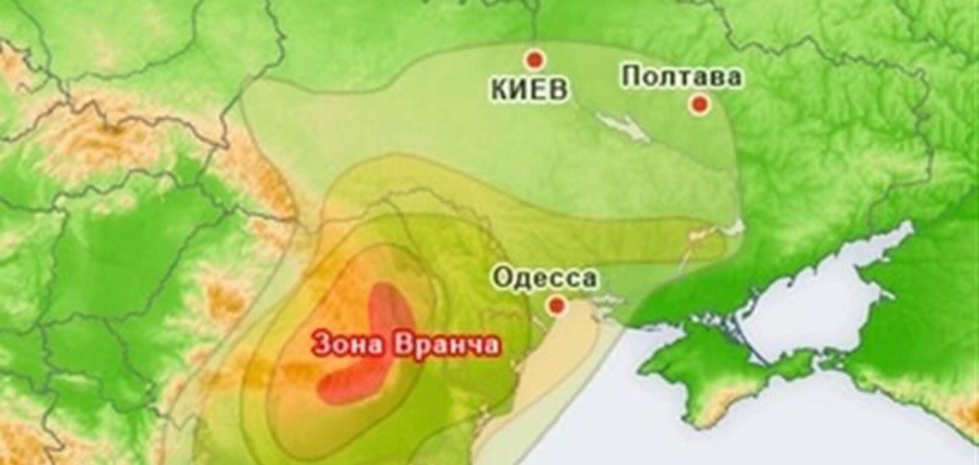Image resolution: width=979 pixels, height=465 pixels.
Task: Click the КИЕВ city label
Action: pos(529,90)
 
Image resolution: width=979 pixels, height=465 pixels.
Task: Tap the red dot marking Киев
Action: pos(534,60)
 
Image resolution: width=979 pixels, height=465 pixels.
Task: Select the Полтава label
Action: pos(681,77)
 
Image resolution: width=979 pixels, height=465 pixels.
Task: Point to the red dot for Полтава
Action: pos(700,104)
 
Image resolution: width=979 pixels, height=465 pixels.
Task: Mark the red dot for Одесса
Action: pos(556,304)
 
